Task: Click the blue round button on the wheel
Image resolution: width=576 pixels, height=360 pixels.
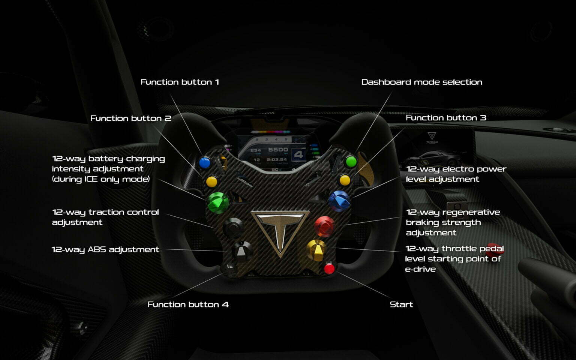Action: [205, 163]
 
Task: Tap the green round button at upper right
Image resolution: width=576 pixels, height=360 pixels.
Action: [351, 162]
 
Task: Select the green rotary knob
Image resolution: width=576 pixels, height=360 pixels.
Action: [218, 202]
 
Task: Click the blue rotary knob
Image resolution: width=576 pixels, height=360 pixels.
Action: [339, 199]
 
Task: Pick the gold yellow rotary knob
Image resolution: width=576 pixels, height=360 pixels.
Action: [316, 250]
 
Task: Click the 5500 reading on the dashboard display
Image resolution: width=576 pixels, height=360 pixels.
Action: [278, 150]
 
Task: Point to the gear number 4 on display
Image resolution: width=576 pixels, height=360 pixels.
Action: [298, 154]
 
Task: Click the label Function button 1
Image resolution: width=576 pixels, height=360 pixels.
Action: [180, 82]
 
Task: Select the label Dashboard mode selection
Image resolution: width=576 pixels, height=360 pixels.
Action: [421, 82]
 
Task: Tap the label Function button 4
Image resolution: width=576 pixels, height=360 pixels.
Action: [188, 304]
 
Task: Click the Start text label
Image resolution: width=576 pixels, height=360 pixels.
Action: [401, 304]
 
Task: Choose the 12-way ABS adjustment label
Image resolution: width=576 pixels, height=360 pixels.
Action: [105, 250]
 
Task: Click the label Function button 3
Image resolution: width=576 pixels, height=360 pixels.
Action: [446, 118]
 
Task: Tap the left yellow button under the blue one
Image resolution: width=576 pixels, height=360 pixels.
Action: [212, 181]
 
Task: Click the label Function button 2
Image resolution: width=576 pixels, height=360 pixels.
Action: [130, 118]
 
